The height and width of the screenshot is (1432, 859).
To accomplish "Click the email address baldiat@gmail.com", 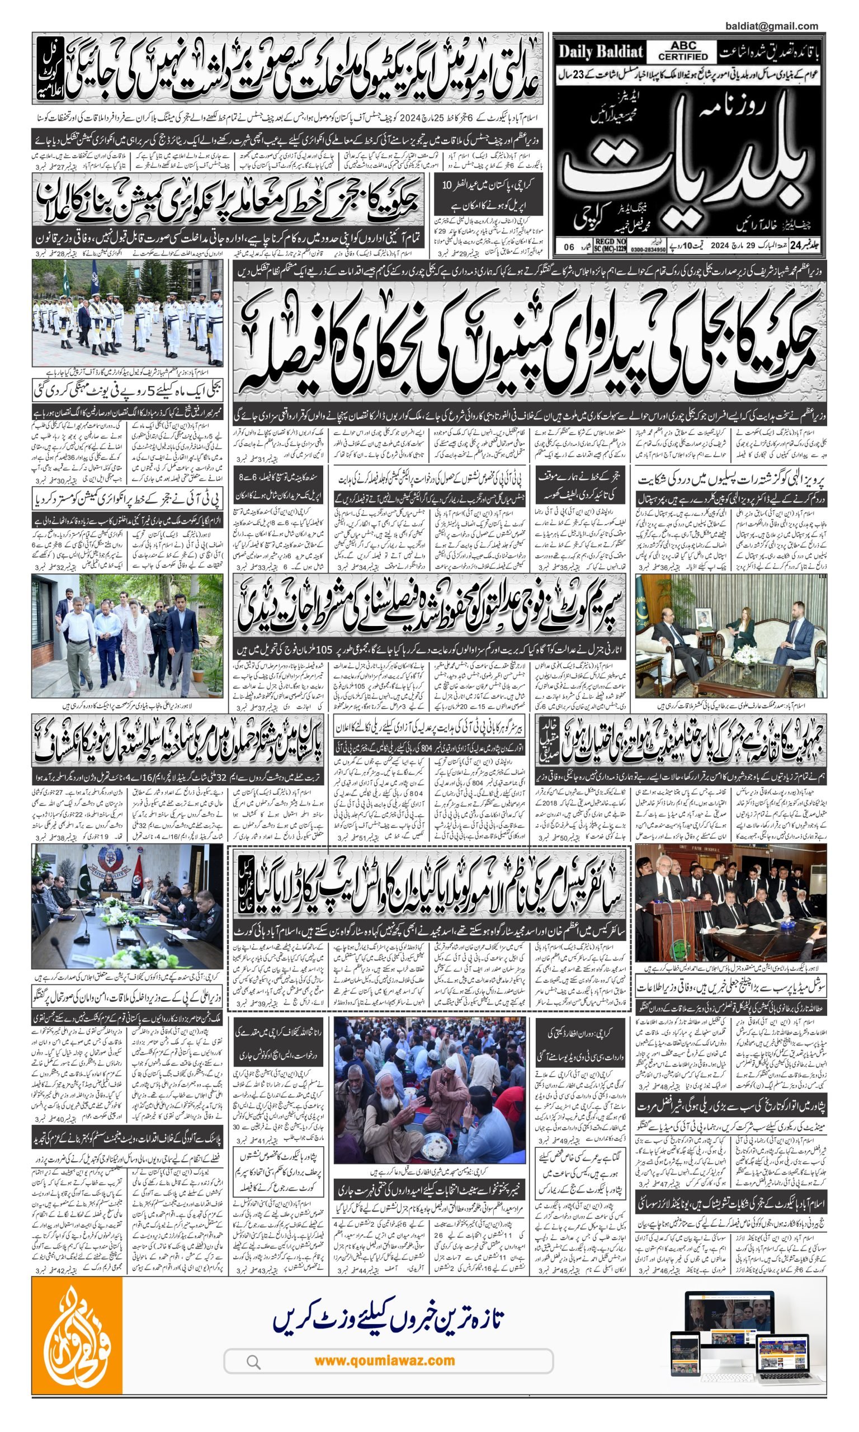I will pyautogui.click(x=771, y=26).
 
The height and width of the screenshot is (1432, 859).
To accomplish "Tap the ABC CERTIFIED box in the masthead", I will pyautogui.click(x=683, y=51).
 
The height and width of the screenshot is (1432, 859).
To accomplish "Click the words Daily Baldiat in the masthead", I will pyautogui.click(x=600, y=52).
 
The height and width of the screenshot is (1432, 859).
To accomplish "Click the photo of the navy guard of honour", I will pyautogui.click(x=128, y=313).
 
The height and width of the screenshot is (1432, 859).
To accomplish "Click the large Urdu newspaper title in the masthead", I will pyautogui.click(x=683, y=168).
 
